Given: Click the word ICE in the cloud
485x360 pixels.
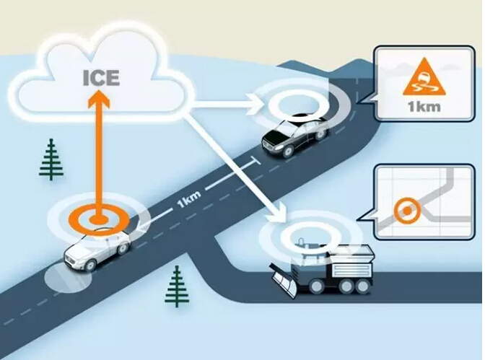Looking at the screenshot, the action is (101, 78).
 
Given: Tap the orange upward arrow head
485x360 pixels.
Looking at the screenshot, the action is (98, 99).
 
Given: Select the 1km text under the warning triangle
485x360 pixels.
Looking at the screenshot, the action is (424, 106).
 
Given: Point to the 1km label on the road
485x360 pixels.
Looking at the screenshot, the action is (188, 199).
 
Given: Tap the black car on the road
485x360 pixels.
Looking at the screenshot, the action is (294, 136).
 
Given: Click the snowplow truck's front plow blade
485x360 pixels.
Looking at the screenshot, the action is (284, 281).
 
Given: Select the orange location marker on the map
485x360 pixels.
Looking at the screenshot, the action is (407, 211).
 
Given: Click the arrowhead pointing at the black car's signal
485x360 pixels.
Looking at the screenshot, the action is (258, 105).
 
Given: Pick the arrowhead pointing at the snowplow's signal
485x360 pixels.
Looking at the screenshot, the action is (278, 212).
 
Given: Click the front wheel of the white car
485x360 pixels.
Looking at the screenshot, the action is (91, 265).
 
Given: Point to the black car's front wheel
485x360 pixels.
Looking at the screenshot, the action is (288, 152).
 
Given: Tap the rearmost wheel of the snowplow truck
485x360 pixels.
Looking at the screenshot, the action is (361, 286).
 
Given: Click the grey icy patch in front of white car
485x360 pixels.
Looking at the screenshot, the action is (68, 278).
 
